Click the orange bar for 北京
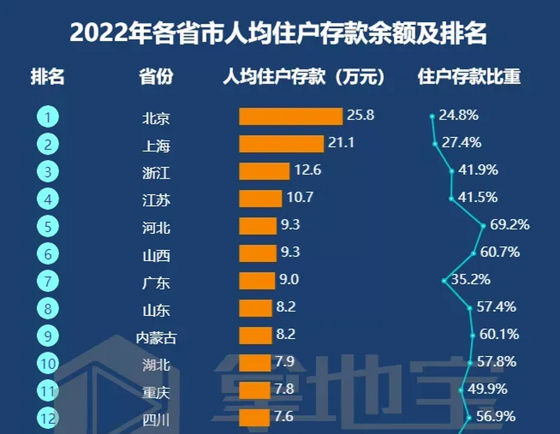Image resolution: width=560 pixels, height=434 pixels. coord(291,117)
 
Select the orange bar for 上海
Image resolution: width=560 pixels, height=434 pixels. coord(281,144)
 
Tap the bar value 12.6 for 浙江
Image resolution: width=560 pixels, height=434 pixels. coord(308,170)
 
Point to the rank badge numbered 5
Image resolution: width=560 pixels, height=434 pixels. coord(48,226)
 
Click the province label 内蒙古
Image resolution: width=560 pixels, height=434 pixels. coord(156,338)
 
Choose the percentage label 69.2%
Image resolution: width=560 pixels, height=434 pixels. coord(510,225)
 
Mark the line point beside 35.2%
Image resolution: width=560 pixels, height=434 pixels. coord(444,281)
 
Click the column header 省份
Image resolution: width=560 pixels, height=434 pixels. coord(156,77)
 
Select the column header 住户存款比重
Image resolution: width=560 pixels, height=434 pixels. coord(469,77)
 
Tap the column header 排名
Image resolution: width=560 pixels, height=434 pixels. coord(47,77)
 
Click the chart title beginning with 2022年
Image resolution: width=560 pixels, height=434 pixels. coord(278,33)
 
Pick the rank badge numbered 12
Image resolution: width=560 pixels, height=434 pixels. coord(48,418)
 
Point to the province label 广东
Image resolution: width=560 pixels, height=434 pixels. coord(156,283)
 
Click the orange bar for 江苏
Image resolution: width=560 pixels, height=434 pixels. coord(260,199)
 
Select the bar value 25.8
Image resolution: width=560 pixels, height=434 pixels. coord(361,115)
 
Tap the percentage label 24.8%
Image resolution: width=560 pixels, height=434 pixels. coord(459,115)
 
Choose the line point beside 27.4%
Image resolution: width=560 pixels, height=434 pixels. coord(435,144)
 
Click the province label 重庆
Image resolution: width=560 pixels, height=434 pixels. coord(156,393)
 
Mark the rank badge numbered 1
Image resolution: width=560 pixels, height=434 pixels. coord(48,117)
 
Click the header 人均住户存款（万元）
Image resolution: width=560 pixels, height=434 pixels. coord(304,77)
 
